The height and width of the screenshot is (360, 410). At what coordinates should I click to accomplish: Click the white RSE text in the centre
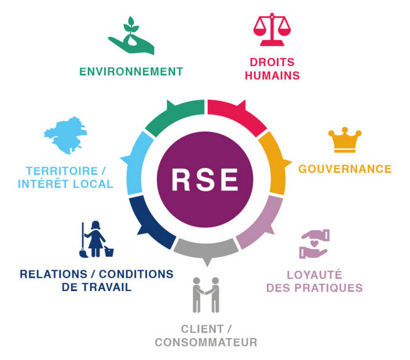click(x=205, y=180)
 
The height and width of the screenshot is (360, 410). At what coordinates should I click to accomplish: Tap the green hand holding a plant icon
click(x=132, y=38)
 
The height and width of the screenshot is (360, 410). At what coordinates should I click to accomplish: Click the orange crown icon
click(x=344, y=140)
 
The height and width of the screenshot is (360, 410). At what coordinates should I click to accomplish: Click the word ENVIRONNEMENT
click(x=131, y=72)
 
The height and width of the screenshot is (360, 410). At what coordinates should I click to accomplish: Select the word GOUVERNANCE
click(x=345, y=169)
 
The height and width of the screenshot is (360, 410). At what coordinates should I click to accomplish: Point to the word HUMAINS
click(x=272, y=75)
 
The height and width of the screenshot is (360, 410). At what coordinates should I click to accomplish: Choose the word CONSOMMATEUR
click(x=206, y=342)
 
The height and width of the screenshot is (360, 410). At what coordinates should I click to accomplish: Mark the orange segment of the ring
click(x=273, y=162)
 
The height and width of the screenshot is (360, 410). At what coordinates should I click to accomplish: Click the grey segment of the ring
click(x=205, y=249)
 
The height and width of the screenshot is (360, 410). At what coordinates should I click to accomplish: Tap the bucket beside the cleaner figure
click(x=109, y=250)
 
